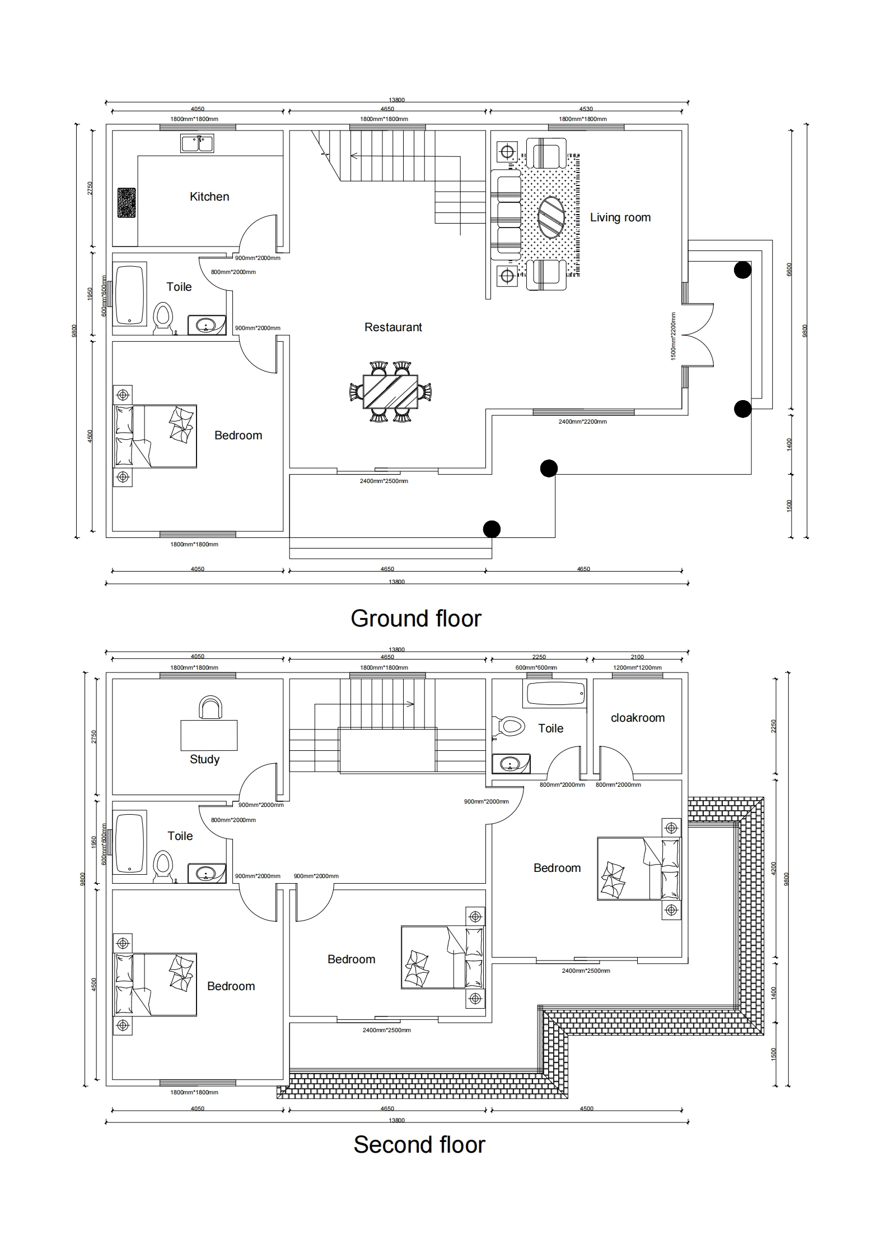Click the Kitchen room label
tap(209, 197)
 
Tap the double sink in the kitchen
tap(197, 143)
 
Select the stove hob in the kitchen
tap(127, 202)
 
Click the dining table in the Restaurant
tap(390, 392)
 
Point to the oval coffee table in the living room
tap(552, 217)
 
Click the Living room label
tap(620, 217)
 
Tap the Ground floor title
tap(416, 619)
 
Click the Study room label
tap(204, 760)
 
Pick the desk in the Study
tap(209, 735)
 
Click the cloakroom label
tap(638, 718)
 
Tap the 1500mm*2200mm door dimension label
tap(674, 336)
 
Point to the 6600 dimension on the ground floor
tap(789, 270)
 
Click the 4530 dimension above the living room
tap(586, 109)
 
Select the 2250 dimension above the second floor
tap(539, 657)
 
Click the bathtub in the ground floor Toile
tap(130, 295)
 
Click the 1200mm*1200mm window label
tap(637, 668)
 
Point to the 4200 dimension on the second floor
tap(774, 869)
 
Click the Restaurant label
tap(393, 327)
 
